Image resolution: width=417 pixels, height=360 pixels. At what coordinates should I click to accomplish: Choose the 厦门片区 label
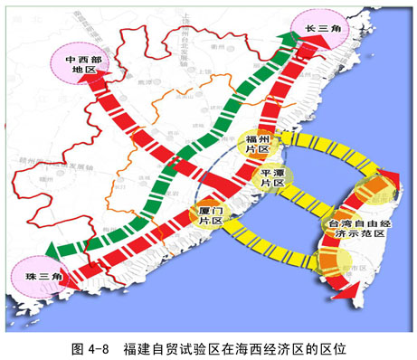click(x=211, y=213)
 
